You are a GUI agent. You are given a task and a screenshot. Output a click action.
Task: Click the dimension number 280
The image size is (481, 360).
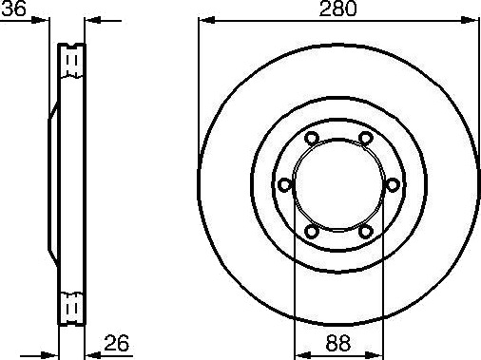pos(337,9)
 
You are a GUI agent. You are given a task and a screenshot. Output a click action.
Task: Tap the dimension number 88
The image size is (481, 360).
pos(338,343)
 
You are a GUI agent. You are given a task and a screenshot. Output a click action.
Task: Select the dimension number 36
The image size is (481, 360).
pos(13,9)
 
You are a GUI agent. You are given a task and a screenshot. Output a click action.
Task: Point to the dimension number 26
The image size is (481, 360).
pos(117,343)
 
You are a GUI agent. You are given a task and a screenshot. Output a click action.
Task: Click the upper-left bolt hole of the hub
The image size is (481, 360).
pos(312,138)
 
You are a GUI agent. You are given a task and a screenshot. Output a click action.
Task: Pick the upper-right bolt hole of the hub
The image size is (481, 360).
pos(366,138)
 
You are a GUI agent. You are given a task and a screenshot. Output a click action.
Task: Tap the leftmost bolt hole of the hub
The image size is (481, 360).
pos(285,184)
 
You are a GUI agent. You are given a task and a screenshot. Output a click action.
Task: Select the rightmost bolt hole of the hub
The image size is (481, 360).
pos(393,184)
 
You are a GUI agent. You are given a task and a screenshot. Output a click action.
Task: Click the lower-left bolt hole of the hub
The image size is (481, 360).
pos(312,232)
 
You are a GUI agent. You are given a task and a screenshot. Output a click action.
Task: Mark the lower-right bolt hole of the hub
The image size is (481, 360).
pos(366,232)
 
